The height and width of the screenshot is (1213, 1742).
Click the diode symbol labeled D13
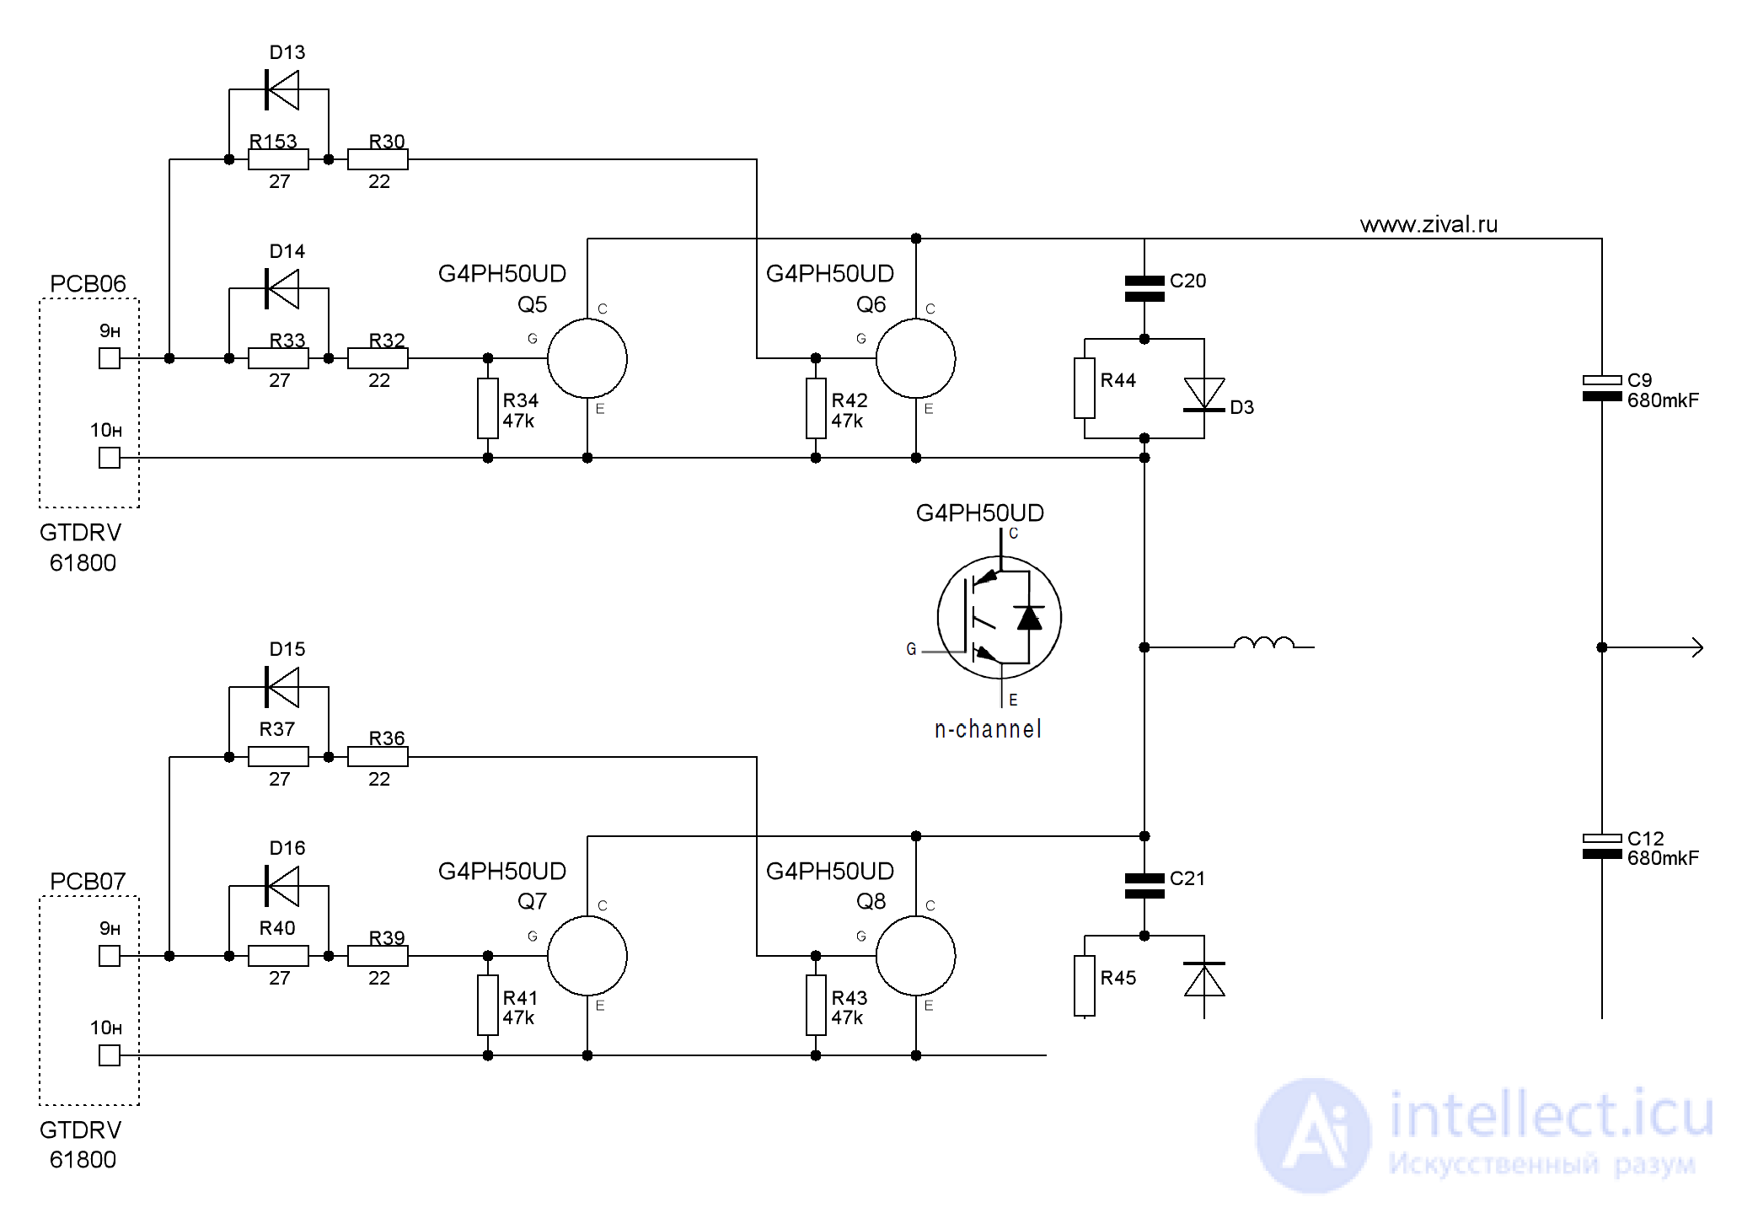click(282, 89)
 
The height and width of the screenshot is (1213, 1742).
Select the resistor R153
click(278, 159)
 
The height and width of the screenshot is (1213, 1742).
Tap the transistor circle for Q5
click(587, 358)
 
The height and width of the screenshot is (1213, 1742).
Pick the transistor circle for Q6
click(916, 358)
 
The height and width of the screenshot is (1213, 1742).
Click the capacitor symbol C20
click(1144, 288)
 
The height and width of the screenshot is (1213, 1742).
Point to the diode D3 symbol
click(1204, 394)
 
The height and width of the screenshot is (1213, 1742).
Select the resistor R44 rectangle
click(1085, 389)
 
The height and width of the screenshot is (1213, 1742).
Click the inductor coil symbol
click(1263, 643)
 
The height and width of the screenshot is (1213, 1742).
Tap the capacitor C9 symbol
click(1602, 389)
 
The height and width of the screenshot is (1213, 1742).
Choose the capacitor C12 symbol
click(1602, 846)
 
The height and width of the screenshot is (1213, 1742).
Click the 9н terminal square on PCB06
click(110, 358)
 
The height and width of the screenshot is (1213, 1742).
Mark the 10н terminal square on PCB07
click(110, 1055)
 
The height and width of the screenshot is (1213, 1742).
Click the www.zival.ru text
click(1429, 224)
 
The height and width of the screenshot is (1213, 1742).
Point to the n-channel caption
click(988, 729)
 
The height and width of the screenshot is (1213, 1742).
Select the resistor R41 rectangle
click(488, 1006)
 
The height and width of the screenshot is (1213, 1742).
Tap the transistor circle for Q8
click(916, 956)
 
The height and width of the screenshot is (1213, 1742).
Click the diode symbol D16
click(282, 885)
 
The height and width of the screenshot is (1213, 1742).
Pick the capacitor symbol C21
click(1144, 886)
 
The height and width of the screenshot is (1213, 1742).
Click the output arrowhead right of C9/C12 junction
click(1697, 647)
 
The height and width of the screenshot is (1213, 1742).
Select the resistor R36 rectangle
click(378, 757)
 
